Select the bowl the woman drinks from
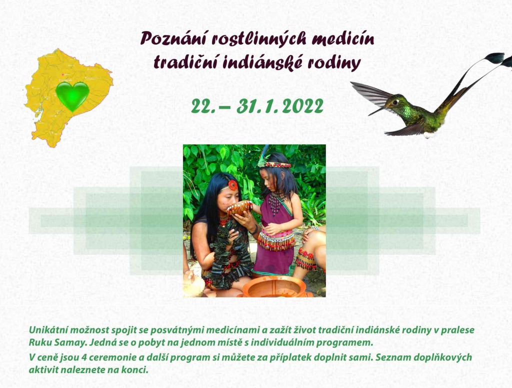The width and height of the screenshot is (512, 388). click(239, 208)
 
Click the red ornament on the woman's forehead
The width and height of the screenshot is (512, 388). click(232, 185)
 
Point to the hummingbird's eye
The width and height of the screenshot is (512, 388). click(396, 102)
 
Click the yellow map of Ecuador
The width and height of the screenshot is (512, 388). click(68, 98)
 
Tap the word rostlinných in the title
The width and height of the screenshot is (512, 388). click(259, 39)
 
